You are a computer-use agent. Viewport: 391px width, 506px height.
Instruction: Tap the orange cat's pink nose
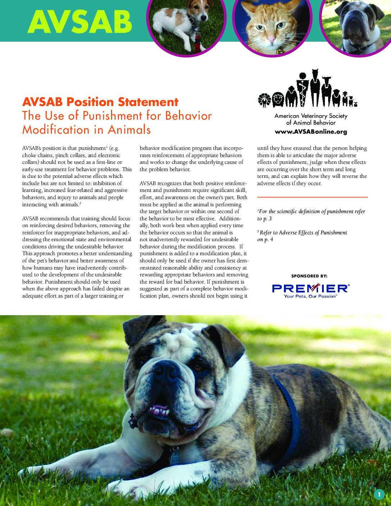(x=271, y=39)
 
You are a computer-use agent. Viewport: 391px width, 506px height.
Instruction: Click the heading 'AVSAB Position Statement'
(x=100, y=102)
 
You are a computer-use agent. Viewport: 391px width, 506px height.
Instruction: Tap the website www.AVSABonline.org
(x=311, y=132)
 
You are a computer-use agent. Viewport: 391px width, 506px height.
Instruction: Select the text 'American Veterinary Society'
(x=311, y=116)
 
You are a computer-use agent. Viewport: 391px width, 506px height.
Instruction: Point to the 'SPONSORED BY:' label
(x=309, y=276)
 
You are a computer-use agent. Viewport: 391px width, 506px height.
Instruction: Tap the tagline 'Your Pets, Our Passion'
(x=310, y=296)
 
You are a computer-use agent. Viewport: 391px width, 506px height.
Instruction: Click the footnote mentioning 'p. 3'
(x=311, y=215)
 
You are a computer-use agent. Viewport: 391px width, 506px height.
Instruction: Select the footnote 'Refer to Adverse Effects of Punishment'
(x=303, y=233)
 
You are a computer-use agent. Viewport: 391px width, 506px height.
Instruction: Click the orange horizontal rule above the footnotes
(x=312, y=197)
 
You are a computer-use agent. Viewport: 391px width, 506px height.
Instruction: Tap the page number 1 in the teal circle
(x=379, y=495)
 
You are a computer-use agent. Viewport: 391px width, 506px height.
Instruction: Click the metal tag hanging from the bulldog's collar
(x=175, y=457)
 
